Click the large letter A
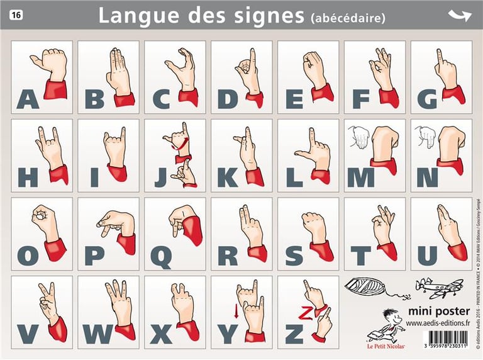click(x=28, y=99)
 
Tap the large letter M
click(x=360, y=178)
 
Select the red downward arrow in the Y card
click(x=236, y=310)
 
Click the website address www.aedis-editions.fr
click(x=438, y=323)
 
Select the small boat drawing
click(x=366, y=288)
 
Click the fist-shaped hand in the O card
click(x=44, y=220)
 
